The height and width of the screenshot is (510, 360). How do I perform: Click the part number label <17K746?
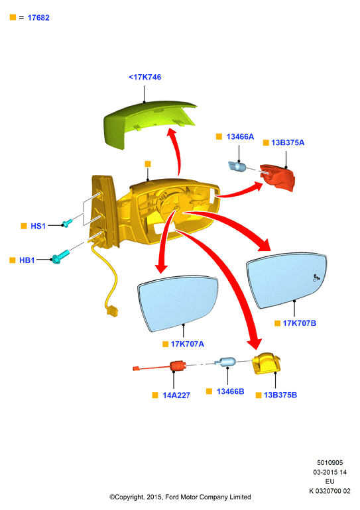[145, 77]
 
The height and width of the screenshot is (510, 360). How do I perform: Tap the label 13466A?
[240, 136]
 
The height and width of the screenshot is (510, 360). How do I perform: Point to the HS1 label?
[38, 226]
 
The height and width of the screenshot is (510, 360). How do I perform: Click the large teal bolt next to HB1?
[60, 256]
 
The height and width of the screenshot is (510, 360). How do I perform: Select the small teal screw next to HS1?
[67, 223]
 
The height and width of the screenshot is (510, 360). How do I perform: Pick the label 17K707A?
[188, 344]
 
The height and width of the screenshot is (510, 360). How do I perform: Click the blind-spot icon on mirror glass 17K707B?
[317, 278]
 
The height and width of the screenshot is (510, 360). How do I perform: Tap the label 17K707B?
[300, 323]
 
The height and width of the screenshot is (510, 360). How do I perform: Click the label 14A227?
[176, 395]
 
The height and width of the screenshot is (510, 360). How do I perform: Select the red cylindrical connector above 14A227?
[178, 366]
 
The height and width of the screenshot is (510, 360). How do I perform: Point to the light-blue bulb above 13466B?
[227, 362]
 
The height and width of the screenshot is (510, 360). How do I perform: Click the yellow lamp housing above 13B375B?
[267, 363]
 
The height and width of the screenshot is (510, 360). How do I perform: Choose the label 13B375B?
[280, 395]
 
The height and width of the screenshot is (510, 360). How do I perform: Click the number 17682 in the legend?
[38, 18]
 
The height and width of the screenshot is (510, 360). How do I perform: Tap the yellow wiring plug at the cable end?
[111, 310]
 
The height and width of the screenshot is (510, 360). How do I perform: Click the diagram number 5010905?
[330, 462]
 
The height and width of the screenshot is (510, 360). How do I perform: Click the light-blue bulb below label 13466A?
[239, 166]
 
